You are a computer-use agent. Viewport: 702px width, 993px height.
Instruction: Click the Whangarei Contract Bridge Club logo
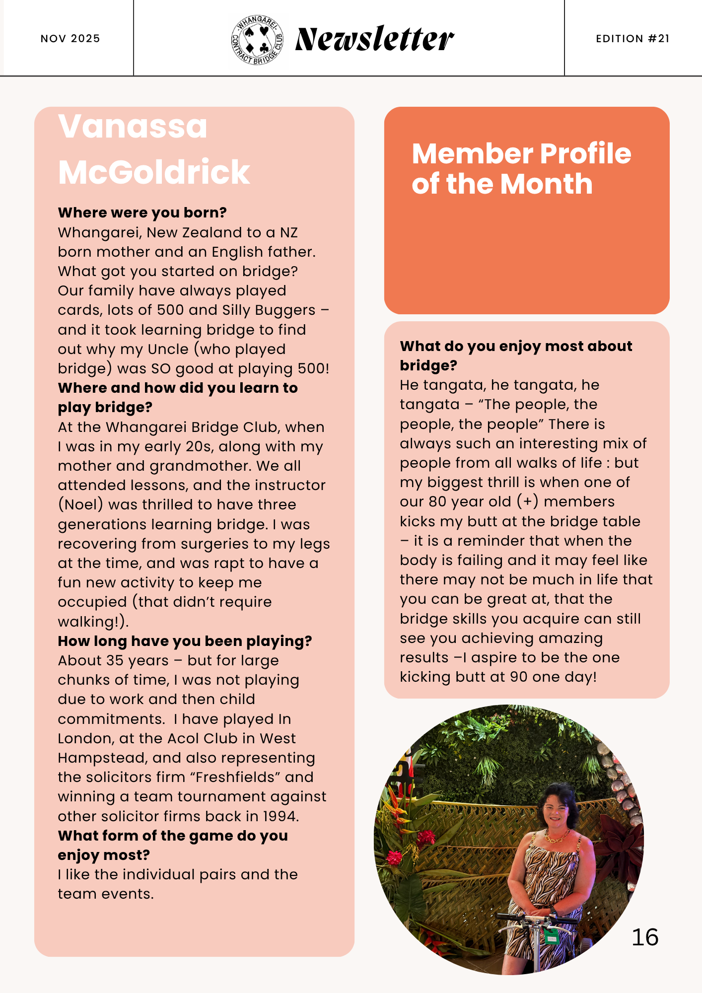pos(257,40)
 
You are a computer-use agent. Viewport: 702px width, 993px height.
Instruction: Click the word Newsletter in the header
pos(374,39)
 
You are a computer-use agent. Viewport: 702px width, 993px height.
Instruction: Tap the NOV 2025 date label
pos(70,39)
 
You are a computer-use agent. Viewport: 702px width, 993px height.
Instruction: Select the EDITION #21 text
pos(632,39)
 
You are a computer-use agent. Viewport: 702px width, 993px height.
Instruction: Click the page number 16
pos(645,937)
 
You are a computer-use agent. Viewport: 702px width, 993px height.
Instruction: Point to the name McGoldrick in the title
pos(154,172)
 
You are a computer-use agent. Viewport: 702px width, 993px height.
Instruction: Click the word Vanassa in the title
pos(133,126)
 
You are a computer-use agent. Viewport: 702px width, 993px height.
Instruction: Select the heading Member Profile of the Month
pos(521,168)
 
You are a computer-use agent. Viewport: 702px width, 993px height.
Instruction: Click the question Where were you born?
pos(142,213)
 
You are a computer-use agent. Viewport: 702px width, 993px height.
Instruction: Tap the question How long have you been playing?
pos(185,641)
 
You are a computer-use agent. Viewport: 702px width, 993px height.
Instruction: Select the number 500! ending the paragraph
pos(313,368)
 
